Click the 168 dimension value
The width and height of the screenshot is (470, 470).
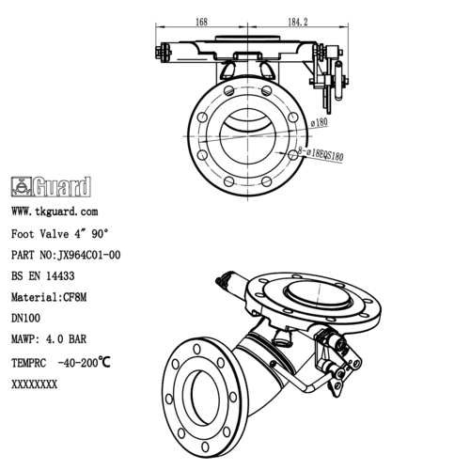point(201,21)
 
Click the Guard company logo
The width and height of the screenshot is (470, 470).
point(51,185)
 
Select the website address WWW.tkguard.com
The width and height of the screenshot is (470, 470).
point(54,212)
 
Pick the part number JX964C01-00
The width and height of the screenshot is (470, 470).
point(65,255)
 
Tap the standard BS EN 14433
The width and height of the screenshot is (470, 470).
point(43,276)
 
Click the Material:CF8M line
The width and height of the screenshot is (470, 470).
point(49,298)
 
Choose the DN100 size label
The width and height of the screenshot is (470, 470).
point(25,320)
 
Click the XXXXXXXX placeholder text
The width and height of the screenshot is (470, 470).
point(34,384)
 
